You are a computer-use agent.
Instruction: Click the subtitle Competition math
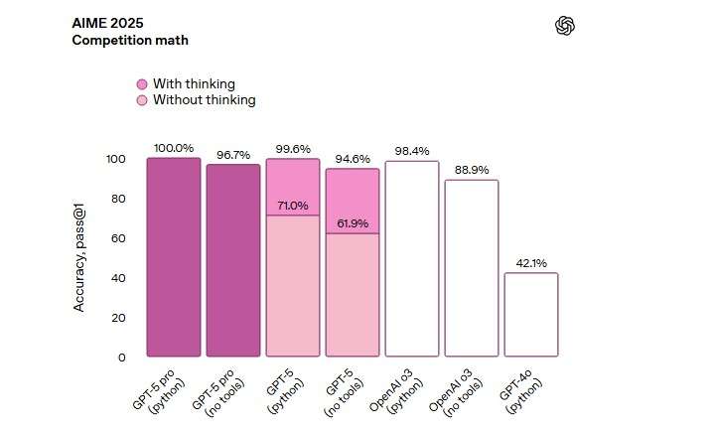[130, 41]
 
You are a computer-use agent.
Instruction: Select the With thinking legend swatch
[142, 84]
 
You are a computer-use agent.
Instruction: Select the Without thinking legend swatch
[142, 100]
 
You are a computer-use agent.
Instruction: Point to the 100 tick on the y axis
[115, 159]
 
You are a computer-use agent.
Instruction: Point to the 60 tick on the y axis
[119, 238]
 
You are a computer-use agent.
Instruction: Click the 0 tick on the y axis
[122, 357]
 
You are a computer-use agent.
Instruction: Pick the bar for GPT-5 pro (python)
[174, 256]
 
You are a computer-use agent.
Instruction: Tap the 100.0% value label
[174, 148]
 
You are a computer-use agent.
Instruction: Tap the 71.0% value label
[293, 206]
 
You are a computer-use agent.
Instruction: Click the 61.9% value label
[353, 223]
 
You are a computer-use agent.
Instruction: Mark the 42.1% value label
[531, 263]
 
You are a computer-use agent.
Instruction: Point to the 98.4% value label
[412, 151]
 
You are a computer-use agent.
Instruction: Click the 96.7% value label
[233, 155]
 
